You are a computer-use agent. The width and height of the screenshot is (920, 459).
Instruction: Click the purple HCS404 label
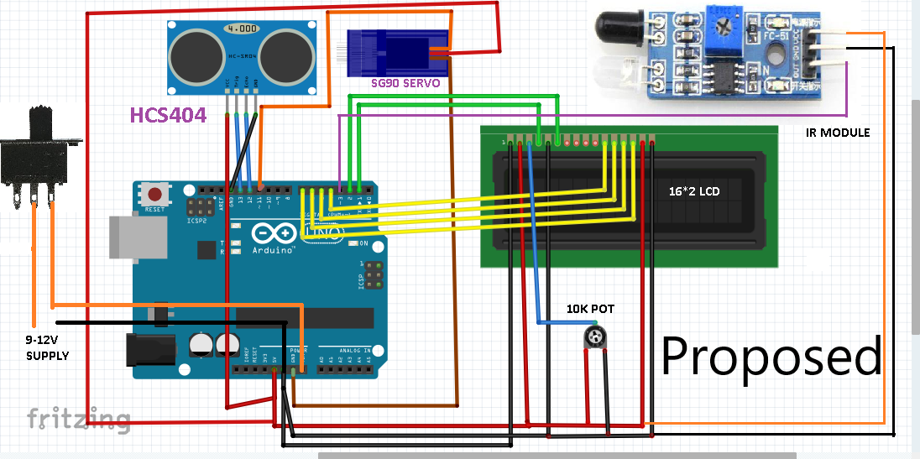click(168, 115)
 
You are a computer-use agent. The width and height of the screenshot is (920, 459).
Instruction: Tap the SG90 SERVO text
click(407, 84)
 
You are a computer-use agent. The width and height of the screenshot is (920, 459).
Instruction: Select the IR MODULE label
click(837, 133)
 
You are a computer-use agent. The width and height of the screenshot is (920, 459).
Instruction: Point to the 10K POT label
click(590, 309)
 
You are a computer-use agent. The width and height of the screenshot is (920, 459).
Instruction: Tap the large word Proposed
click(771, 356)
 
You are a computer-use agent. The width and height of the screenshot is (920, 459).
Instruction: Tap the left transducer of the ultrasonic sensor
click(195, 56)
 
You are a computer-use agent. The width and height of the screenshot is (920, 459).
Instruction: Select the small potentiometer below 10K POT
click(597, 336)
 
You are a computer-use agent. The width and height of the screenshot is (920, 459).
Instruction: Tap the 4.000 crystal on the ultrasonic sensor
click(241, 28)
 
